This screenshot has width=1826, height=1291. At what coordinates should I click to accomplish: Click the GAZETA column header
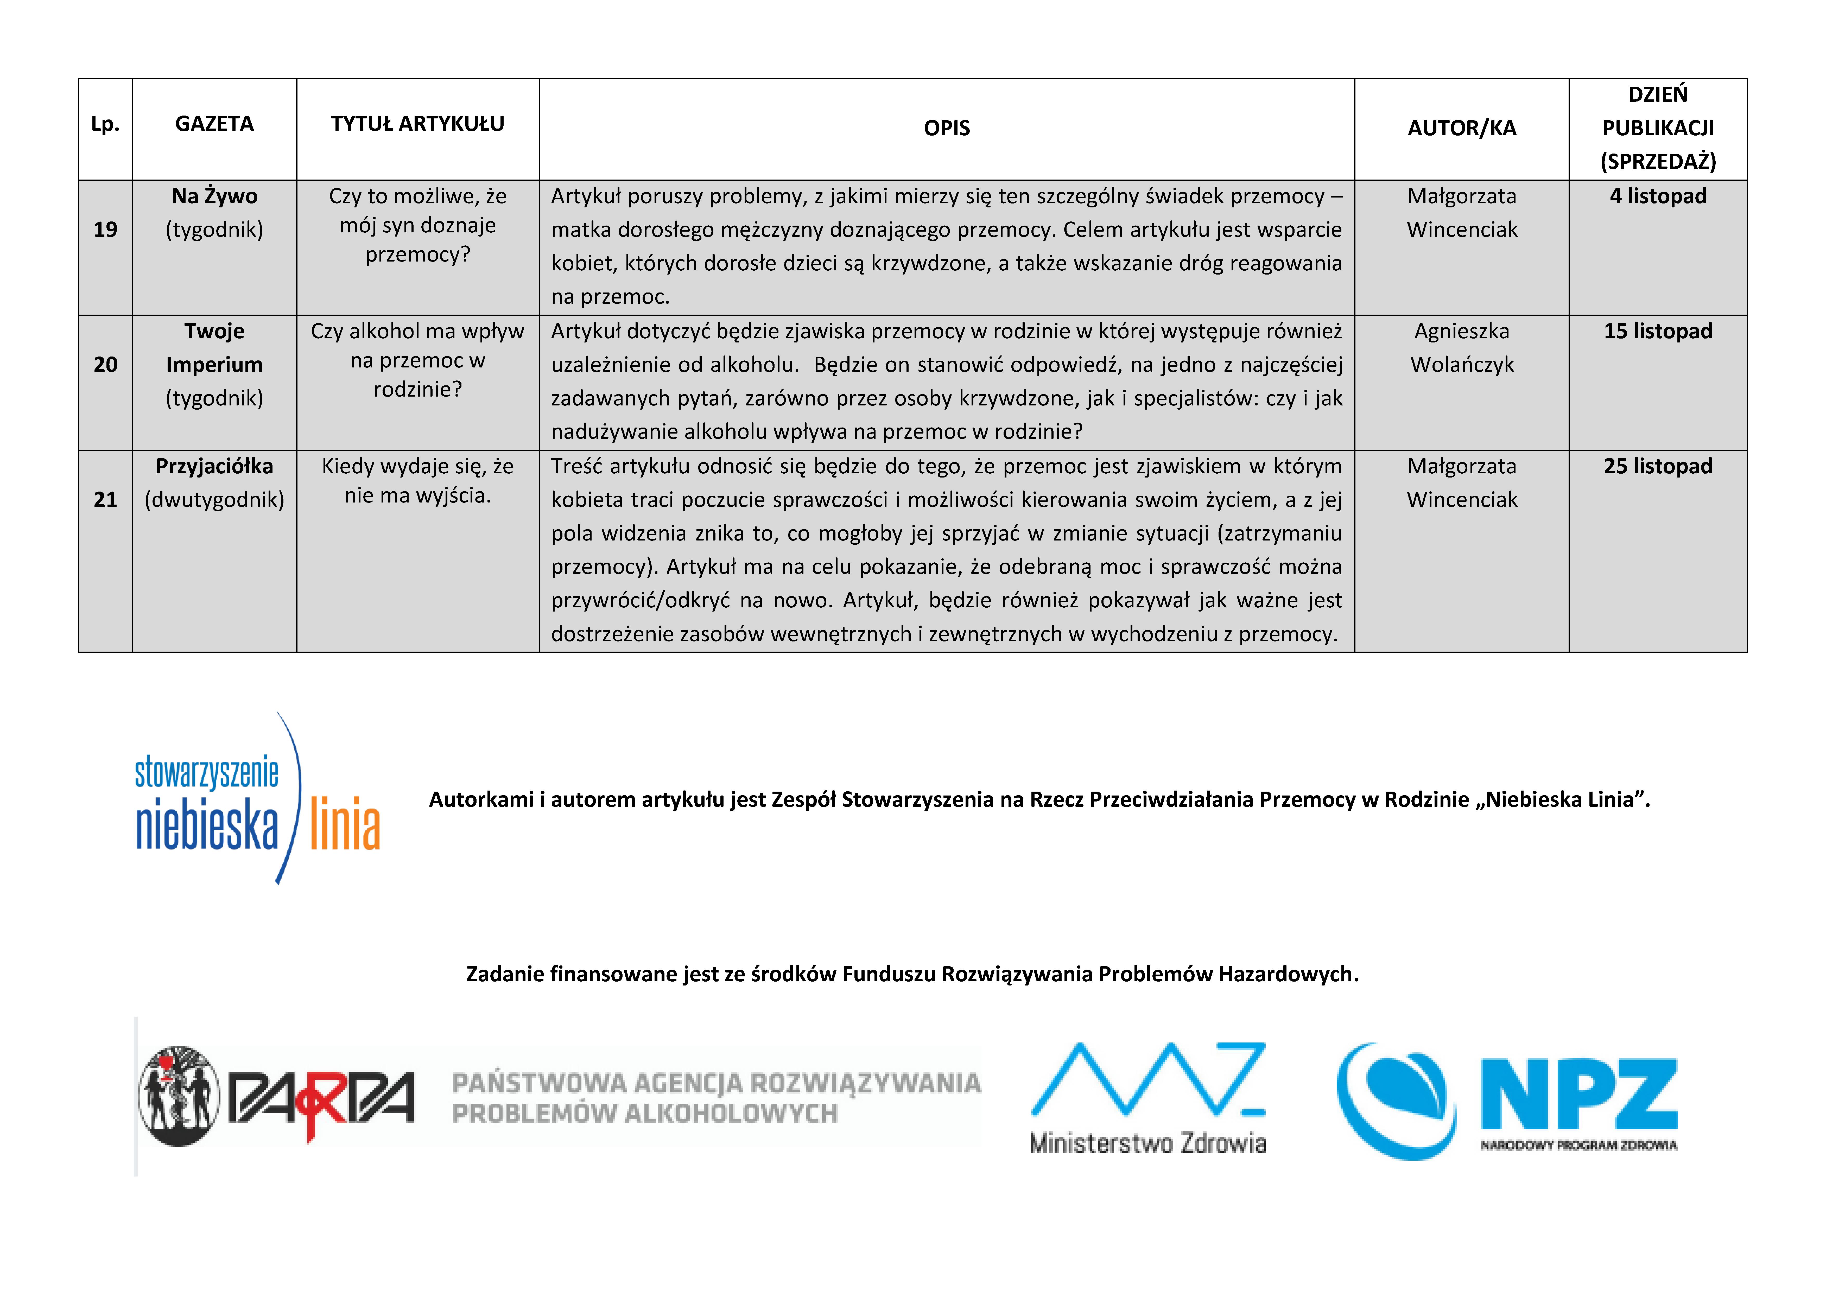point(214,124)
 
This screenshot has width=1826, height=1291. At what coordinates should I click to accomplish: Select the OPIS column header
point(946,128)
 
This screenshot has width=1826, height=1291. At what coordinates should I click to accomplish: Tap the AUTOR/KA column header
point(1462,128)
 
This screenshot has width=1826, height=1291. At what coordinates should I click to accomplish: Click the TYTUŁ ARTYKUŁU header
point(417,124)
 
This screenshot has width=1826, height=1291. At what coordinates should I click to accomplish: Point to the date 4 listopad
point(1658,196)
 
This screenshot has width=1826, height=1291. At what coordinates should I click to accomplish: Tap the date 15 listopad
point(1658,332)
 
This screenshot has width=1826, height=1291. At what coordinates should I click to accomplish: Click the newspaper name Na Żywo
point(214,196)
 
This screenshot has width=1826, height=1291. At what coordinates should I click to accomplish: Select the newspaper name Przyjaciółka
point(214,466)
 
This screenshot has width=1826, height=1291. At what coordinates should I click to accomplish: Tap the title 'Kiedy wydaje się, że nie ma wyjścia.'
point(417,480)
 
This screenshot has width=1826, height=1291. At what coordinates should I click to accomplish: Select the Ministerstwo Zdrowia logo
point(1147,1098)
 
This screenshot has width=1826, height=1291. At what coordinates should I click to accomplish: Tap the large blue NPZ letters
point(1579,1094)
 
